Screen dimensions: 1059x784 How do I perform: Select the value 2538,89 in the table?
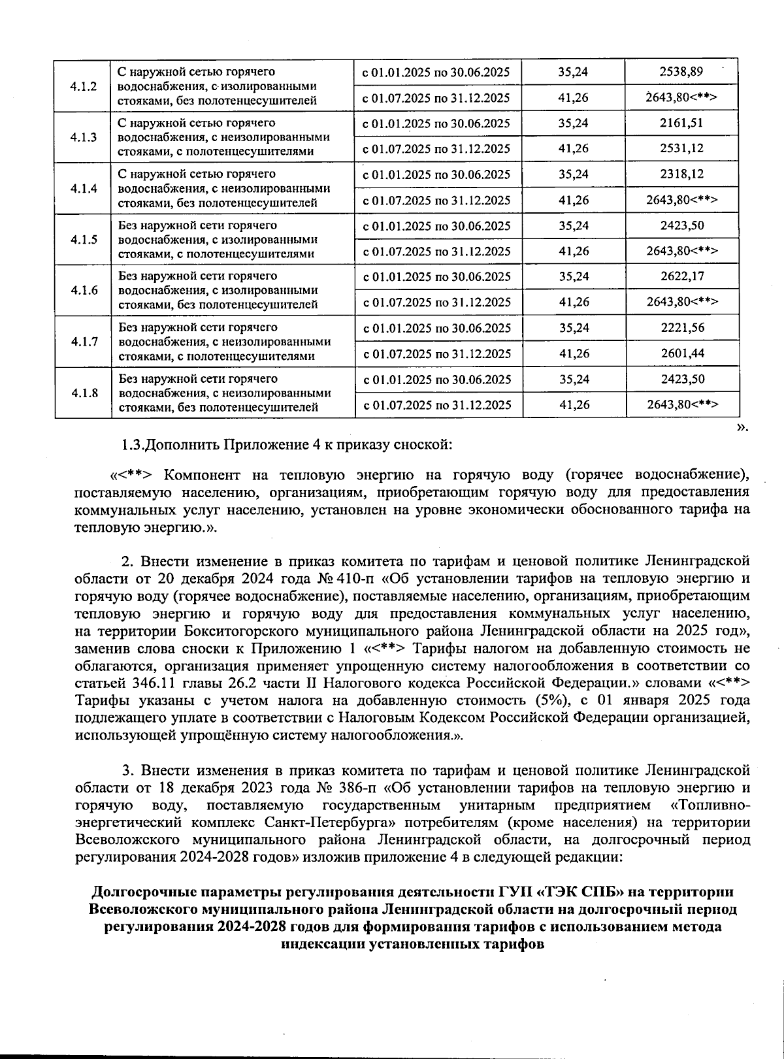681,72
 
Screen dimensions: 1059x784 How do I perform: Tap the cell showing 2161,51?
681,123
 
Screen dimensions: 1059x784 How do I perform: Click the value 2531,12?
681,148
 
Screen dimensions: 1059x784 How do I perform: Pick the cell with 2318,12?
681,174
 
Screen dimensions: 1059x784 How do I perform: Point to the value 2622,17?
681,276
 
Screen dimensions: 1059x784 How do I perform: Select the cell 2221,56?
681,327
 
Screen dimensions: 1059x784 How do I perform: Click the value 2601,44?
681,353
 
